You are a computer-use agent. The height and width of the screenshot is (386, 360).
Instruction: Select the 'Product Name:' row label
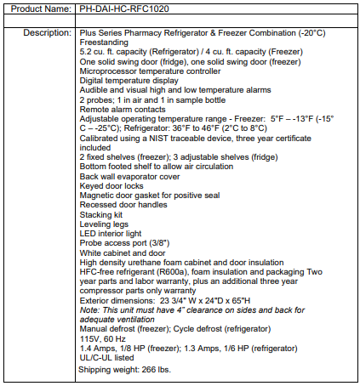[37, 9]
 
